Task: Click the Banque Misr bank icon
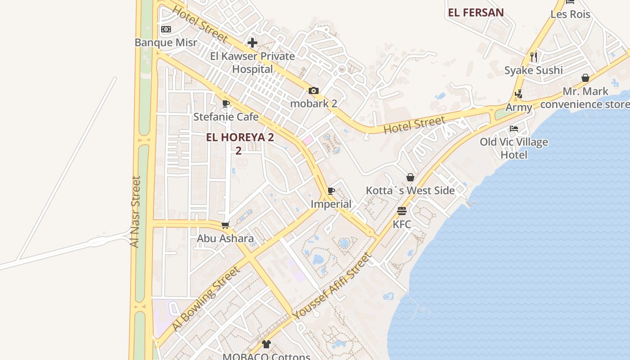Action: pos(166,29)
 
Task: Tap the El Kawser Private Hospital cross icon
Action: pos(252,43)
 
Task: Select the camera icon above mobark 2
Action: pos(314,90)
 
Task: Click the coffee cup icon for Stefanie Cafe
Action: pos(226,104)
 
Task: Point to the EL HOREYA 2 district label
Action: pos(240,138)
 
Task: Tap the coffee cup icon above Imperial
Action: pos(331,191)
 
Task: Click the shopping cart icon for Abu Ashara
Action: pos(225,225)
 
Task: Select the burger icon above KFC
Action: pos(402,211)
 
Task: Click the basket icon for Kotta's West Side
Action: pos(410,177)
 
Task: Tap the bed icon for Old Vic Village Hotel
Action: pos(514,129)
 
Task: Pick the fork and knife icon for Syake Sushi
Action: pos(534,57)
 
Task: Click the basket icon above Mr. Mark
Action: pos(585,78)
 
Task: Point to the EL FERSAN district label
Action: pos(476,13)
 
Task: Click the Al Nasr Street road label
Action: pos(135,211)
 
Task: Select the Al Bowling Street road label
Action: pos(206,299)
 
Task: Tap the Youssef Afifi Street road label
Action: pos(332,287)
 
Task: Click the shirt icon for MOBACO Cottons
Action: pos(266,344)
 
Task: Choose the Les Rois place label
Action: pos(570,14)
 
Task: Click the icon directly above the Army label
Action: pos(518,94)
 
